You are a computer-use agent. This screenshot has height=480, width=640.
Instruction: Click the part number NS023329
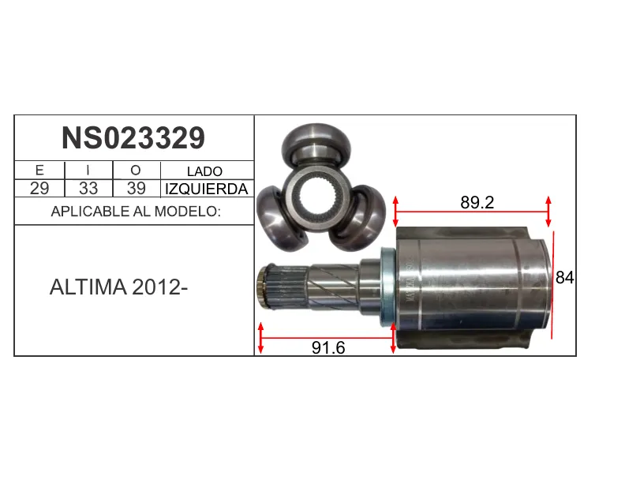[x=133, y=138]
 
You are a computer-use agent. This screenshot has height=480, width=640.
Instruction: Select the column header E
[x=39, y=170]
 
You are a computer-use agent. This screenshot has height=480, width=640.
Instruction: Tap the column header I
[x=88, y=170]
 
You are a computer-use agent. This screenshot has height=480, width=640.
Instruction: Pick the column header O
[x=136, y=171]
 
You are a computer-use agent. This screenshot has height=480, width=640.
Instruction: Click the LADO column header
[x=204, y=171]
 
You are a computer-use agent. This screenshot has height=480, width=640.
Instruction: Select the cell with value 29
[x=39, y=188]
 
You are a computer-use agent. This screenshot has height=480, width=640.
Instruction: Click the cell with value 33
[x=88, y=188]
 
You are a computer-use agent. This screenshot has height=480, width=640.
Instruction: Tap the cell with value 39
[x=136, y=188]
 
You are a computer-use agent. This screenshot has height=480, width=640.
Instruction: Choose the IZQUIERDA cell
[x=206, y=189]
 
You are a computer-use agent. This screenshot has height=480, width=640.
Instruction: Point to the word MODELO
[x=187, y=211]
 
